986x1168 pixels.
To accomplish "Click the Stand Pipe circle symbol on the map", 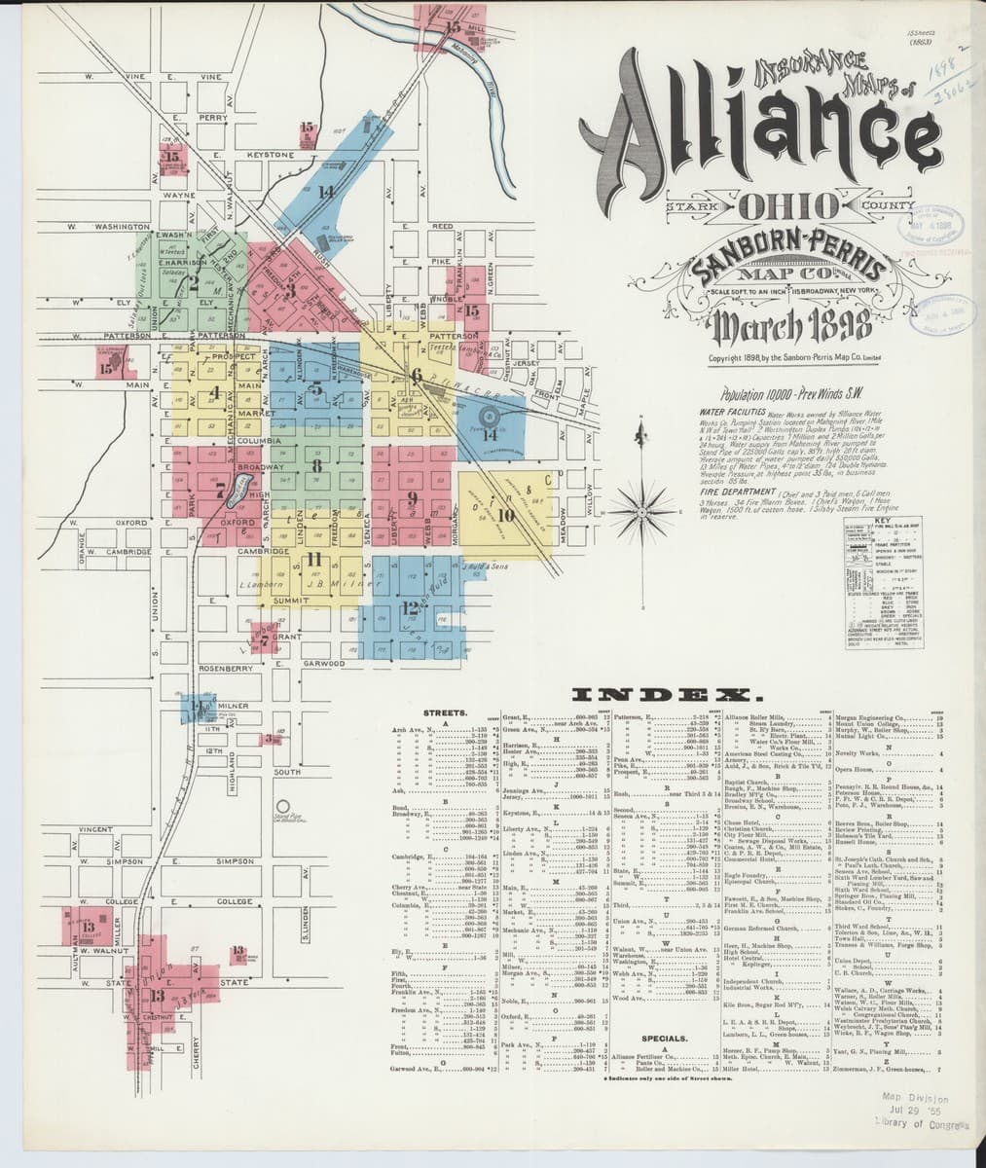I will point(285,807).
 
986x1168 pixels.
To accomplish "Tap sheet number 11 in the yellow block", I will point(313,559).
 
